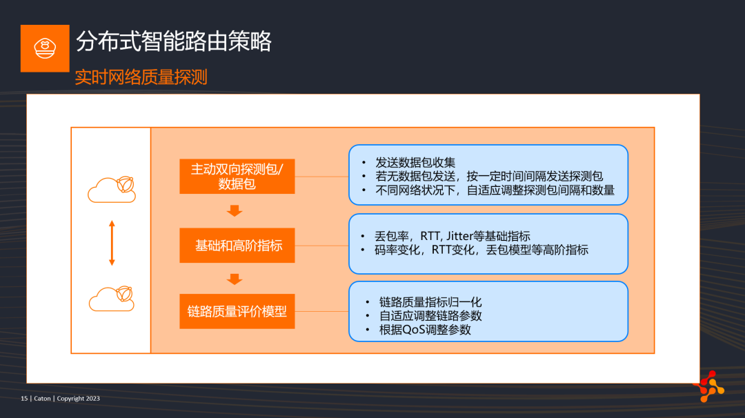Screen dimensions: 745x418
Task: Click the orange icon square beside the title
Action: [x=45, y=48]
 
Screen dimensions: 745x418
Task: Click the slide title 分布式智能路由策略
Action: [x=173, y=41]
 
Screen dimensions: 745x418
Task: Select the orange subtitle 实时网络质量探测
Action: [x=141, y=77]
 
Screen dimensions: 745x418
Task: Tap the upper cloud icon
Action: [x=112, y=189]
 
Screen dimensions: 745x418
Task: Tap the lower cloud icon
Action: [x=112, y=298]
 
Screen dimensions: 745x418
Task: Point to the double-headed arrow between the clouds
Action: [x=112, y=243]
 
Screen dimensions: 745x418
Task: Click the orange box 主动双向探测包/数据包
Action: [x=237, y=176]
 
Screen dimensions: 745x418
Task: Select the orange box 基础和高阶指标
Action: [x=237, y=246]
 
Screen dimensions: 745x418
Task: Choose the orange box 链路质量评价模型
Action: [x=237, y=311]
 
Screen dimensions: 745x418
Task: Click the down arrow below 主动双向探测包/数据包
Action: [x=235, y=210]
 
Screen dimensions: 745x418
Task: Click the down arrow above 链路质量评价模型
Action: [x=235, y=279]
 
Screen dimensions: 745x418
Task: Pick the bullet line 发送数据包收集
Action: [x=415, y=163]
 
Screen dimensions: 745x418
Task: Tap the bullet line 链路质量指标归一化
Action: [x=430, y=302]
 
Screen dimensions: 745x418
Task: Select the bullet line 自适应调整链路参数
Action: [x=430, y=316]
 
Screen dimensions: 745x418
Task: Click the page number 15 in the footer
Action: [x=24, y=399]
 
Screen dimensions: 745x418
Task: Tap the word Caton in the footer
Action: [x=42, y=399]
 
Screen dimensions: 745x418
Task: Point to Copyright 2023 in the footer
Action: [x=79, y=399]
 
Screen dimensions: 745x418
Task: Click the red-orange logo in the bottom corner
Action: [x=709, y=387]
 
